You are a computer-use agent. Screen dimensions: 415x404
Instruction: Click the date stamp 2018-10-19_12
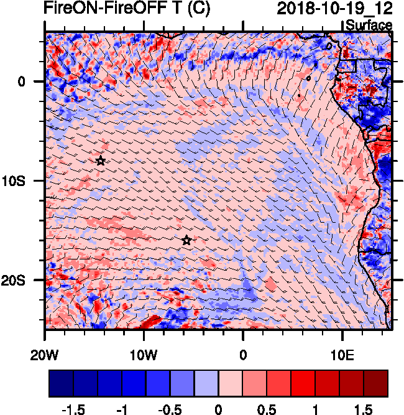click(x=334, y=9)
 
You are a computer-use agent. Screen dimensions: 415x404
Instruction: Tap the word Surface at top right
click(x=369, y=26)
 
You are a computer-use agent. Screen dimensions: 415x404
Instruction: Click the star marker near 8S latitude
click(x=101, y=161)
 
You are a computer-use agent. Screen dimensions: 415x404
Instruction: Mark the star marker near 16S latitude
click(x=186, y=241)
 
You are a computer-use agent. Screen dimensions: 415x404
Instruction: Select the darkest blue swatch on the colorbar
click(x=61, y=383)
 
